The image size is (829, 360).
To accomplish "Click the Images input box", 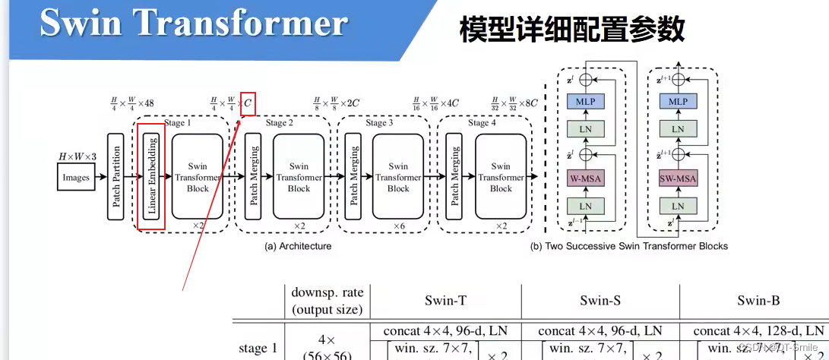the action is pos(76,178).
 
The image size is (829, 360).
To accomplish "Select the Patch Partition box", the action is pos(116,177).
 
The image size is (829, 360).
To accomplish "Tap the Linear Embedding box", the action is pos(152,177).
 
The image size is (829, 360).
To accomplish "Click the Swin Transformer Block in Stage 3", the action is pos(397,177).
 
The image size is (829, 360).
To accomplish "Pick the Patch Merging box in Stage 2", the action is pos(254,177).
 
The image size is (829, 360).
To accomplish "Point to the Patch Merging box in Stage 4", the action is pos(455,177).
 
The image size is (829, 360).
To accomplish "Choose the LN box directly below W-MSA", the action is pos(585,206).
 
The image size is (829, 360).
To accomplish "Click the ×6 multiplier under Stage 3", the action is pos(398,226).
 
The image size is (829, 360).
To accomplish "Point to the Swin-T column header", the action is pos(445,300).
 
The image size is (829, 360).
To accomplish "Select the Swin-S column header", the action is pos(600,300).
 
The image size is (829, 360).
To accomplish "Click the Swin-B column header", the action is pos(758,300).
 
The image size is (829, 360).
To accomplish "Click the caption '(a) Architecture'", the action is pos(297,246).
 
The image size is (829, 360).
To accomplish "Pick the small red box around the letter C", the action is pos(248,104).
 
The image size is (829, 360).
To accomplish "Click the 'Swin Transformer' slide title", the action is pos(194,23).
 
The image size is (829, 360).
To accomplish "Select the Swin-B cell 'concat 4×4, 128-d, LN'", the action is pos(758,331).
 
